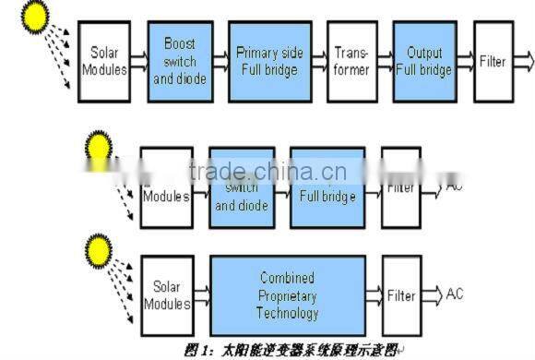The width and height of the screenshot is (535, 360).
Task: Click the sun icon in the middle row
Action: point(97,147)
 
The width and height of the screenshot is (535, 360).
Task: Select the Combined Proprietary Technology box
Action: point(287,295)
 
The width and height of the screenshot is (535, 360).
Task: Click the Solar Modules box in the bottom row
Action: point(166,295)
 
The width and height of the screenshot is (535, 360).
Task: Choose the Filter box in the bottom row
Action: point(400,295)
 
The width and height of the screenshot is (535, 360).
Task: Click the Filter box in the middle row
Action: point(400,187)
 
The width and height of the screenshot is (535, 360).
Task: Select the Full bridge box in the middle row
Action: point(327,187)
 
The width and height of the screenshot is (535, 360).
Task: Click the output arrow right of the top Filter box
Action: point(522,61)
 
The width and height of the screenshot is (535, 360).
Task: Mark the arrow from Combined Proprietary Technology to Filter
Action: point(373,296)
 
